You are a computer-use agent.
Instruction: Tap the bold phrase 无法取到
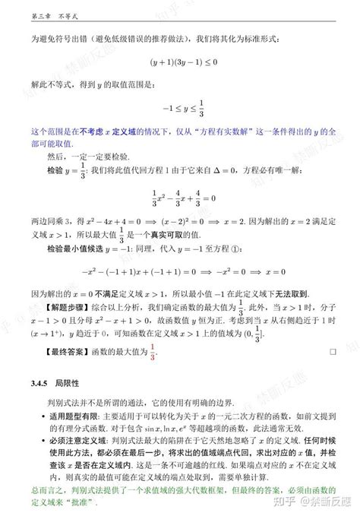point(300,293)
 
